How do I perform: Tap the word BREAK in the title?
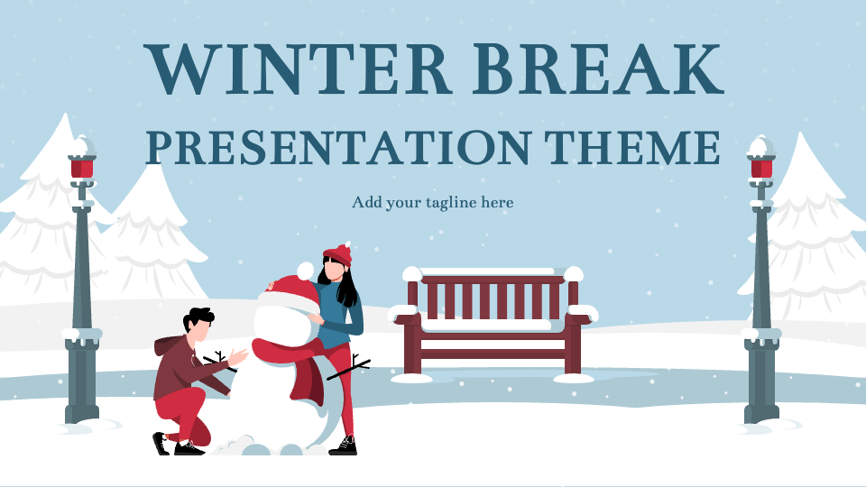coord(597,69)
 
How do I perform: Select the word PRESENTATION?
coord(339,148)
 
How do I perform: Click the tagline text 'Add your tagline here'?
coord(432,203)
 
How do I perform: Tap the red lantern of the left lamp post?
coord(82,168)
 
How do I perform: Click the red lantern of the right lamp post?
coord(761,168)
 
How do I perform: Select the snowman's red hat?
coord(291,292)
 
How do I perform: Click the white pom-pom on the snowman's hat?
coord(305,271)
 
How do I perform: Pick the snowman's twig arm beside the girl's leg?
coord(349,368)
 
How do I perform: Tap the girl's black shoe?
coord(344,446)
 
